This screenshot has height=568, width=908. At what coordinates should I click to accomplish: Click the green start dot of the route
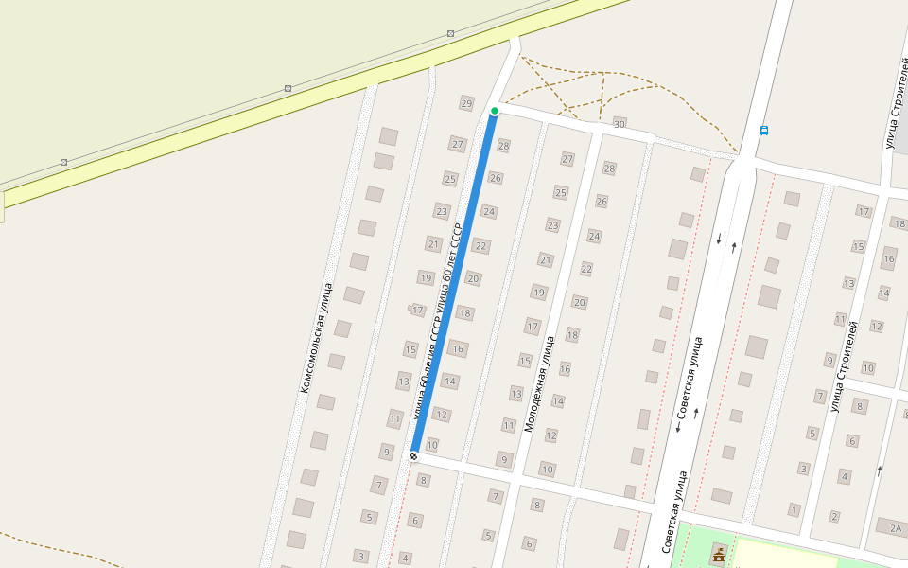494,111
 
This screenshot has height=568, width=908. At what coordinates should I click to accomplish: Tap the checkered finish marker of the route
413,456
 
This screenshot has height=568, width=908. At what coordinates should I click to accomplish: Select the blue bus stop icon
763,131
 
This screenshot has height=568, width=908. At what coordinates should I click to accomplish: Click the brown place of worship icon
719,554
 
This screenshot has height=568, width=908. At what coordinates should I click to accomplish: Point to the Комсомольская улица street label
316,338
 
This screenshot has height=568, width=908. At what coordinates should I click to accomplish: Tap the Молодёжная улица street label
541,383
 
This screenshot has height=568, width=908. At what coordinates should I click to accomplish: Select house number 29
465,103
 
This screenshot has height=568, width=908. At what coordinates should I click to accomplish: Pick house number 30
620,124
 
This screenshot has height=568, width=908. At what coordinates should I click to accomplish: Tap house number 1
794,510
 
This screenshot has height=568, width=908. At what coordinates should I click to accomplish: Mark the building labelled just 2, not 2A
834,517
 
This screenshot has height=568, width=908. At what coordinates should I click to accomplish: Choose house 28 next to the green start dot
503,146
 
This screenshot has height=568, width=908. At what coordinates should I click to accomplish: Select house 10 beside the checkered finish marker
432,445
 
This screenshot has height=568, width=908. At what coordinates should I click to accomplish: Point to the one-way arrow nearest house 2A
880,470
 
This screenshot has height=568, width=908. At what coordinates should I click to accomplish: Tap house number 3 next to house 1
804,469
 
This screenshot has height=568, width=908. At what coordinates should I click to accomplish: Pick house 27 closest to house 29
458,144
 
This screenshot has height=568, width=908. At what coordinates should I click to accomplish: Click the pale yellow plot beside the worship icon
785,555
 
